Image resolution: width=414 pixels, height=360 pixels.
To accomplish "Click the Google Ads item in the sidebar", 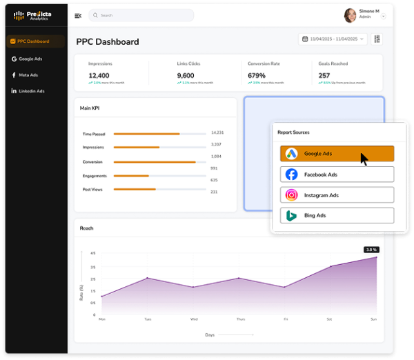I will coord(31,59).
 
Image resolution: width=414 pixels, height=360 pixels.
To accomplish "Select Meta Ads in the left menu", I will coord(28,74).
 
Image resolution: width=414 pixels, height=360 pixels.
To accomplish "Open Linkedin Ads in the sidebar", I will coord(31,90).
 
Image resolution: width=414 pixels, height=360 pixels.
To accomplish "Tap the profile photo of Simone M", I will coord(350,15).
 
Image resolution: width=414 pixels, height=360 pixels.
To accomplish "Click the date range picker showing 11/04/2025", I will coord(333,39).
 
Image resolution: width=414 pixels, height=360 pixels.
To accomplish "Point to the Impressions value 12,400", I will coord(99,75).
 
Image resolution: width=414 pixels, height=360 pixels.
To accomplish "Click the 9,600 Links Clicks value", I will coord(186,75).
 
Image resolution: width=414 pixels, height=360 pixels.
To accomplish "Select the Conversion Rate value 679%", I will coord(257,75).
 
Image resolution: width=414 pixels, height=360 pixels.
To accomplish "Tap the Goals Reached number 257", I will coord(324,75).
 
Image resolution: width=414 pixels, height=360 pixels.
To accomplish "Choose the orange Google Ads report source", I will coord(337,154).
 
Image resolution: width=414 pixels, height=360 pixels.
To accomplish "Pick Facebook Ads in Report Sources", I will coord(337,174).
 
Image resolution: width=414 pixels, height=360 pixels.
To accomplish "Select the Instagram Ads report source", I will coord(337,195).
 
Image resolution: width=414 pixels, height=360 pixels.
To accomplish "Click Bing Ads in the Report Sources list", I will coord(337,215).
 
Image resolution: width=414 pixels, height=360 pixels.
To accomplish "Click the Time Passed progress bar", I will coord(159,134).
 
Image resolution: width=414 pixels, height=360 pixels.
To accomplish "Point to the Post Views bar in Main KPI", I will coord(159,189).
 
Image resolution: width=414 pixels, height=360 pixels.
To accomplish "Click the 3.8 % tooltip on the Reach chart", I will coord(371,250).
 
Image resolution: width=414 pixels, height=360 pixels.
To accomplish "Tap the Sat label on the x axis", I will coord(329,319).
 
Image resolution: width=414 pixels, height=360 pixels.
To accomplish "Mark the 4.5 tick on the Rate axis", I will coord(93,253).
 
